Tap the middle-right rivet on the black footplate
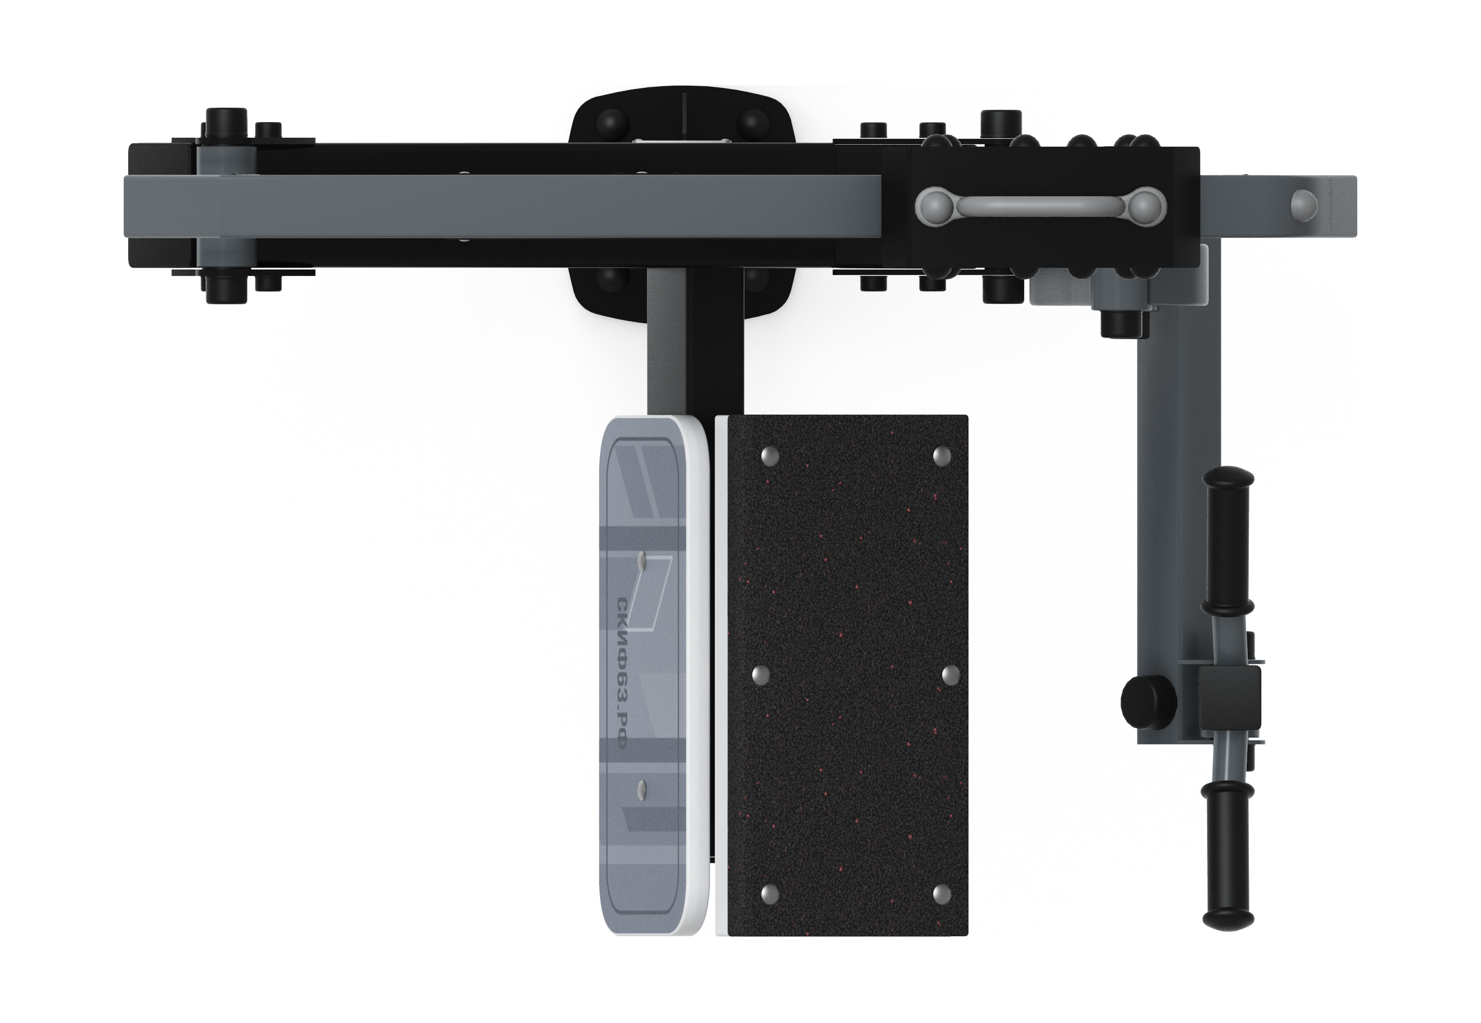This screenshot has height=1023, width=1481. (x=949, y=674)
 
